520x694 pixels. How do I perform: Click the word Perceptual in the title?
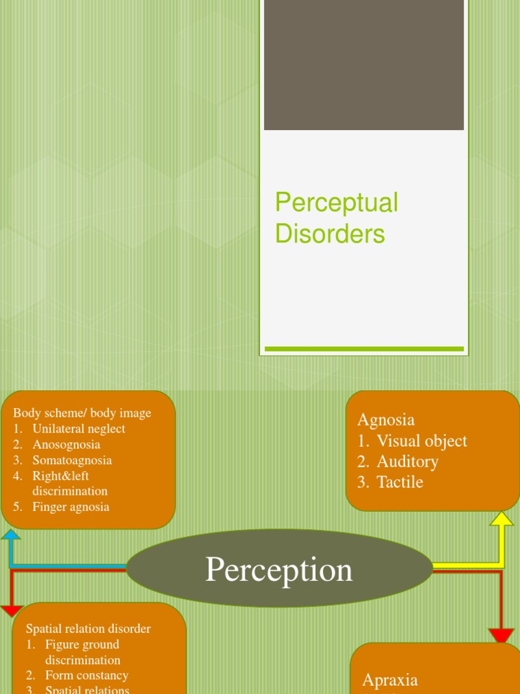337,203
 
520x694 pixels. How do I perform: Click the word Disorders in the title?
330,234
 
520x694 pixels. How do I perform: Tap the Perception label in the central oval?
279,569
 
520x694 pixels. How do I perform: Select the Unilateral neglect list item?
79,429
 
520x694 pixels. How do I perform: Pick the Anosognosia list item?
66,445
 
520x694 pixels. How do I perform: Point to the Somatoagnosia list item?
72,460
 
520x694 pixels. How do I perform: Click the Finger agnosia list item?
70,507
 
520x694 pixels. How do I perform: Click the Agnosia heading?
386,420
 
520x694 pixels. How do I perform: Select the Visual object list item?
421,441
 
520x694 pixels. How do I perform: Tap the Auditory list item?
407,462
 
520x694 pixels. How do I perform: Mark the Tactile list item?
399,482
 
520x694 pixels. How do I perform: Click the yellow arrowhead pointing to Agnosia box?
501,520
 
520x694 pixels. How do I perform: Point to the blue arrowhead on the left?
11,535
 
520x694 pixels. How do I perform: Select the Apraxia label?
390,680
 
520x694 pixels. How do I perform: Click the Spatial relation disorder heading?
88,629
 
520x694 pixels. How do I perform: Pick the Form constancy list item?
87,675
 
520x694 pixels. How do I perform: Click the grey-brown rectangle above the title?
364,64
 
